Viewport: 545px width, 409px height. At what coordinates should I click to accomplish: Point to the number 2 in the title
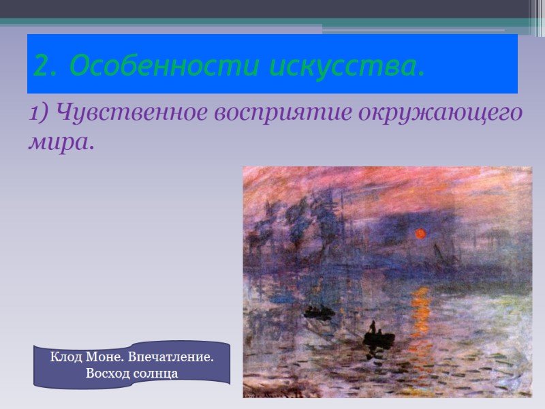coord(42,67)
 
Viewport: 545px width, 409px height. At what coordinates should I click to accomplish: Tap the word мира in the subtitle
coord(59,143)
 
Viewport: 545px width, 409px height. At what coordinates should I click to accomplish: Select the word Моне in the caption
coord(104,357)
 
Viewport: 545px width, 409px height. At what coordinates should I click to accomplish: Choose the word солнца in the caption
coord(157,374)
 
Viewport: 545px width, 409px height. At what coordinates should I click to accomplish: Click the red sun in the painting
coord(420,234)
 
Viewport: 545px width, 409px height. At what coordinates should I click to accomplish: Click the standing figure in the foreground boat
coord(372,328)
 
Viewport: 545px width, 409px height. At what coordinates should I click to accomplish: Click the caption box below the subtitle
coord(132,365)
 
